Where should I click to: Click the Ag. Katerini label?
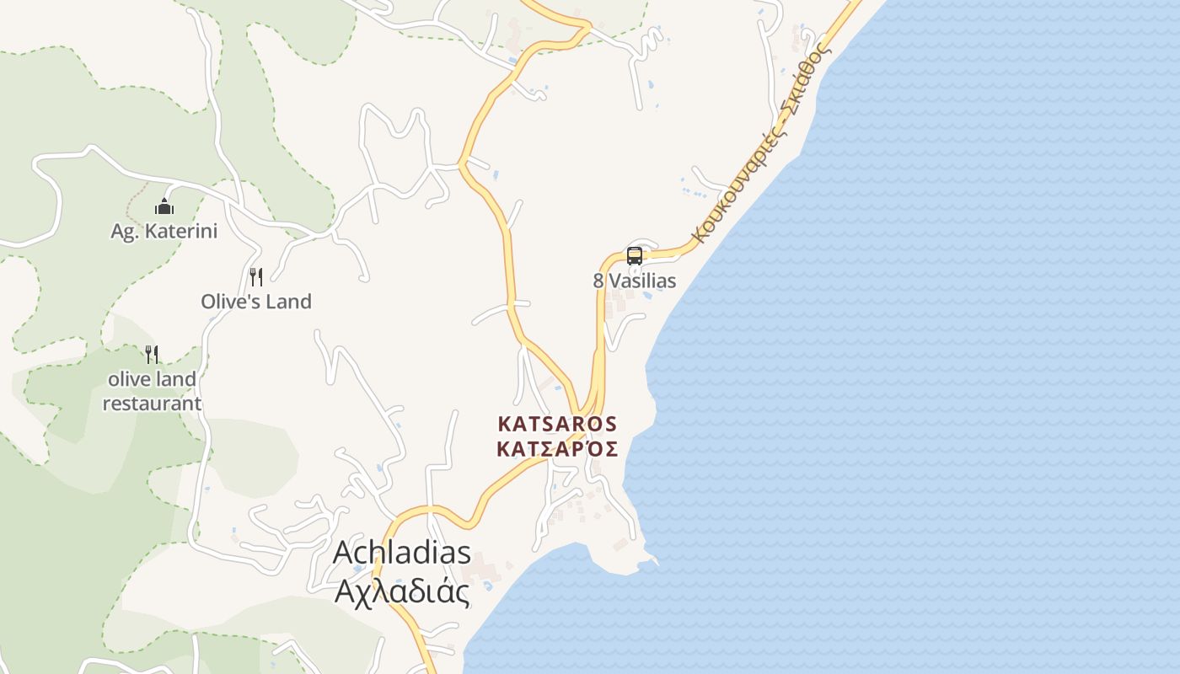(164, 231)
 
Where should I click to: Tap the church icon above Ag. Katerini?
(164, 206)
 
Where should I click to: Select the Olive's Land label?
(256, 301)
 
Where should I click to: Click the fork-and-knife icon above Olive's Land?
(256, 276)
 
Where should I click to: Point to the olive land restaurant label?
(152, 391)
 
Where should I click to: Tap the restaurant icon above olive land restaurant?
(152, 354)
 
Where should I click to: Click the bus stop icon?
(635, 256)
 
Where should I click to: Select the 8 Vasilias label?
(635, 281)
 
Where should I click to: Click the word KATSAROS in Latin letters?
(557, 424)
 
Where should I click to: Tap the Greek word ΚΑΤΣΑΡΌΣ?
(557, 448)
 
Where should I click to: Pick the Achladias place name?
(402, 553)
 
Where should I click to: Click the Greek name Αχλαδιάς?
(402, 591)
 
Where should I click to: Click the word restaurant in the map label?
(152, 404)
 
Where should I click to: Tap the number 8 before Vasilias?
(598, 281)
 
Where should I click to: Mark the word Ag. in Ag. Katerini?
(125, 231)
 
